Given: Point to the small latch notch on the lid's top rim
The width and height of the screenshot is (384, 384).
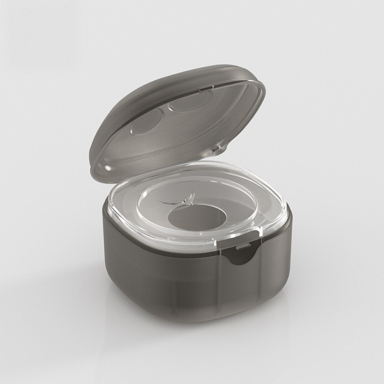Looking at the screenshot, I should click(x=205, y=88).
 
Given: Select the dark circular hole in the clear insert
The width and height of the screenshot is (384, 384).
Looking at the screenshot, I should click(x=197, y=217).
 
